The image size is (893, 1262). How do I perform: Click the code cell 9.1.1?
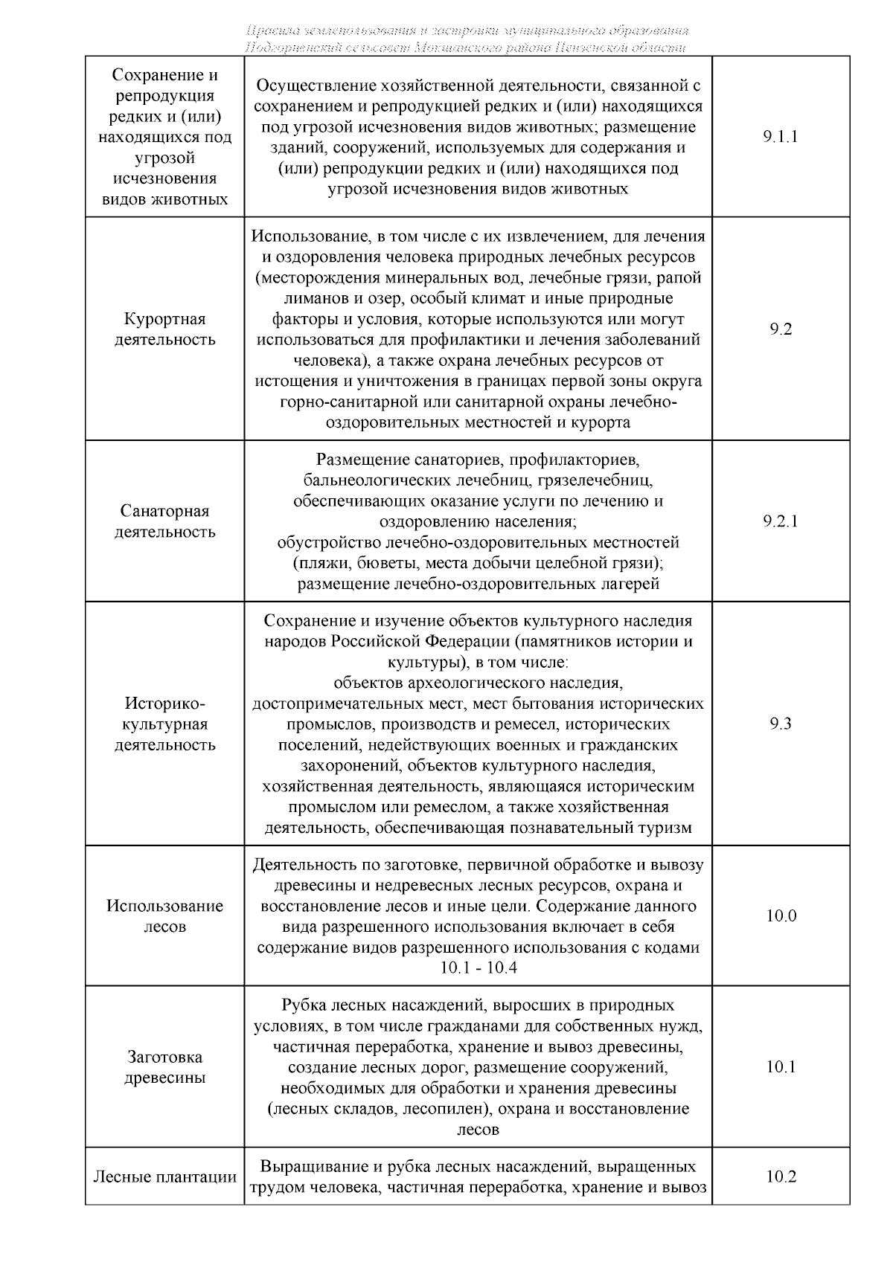pyautogui.click(x=781, y=137)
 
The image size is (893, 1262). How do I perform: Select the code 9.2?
pyautogui.click(x=781, y=329)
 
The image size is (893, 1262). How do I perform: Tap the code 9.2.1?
pyautogui.click(x=781, y=521)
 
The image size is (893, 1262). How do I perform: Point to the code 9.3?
pyautogui.click(x=781, y=724)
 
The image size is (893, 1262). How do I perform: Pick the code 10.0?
pyautogui.click(x=781, y=915)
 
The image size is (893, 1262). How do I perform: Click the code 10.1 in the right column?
pyautogui.click(x=781, y=1066)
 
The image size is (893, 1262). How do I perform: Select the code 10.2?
pyautogui.click(x=781, y=1176)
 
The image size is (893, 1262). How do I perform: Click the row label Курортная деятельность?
pyautogui.click(x=164, y=329)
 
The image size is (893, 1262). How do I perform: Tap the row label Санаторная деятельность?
pyautogui.click(x=164, y=521)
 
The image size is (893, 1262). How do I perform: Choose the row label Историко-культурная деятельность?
pyautogui.click(x=164, y=724)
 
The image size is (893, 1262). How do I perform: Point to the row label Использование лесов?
pyautogui.click(x=164, y=916)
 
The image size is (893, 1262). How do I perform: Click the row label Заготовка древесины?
pyautogui.click(x=164, y=1067)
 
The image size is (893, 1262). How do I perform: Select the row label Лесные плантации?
pyautogui.click(x=164, y=1177)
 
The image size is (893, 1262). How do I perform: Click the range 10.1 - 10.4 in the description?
pyautogui.click(x=478, y=968)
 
